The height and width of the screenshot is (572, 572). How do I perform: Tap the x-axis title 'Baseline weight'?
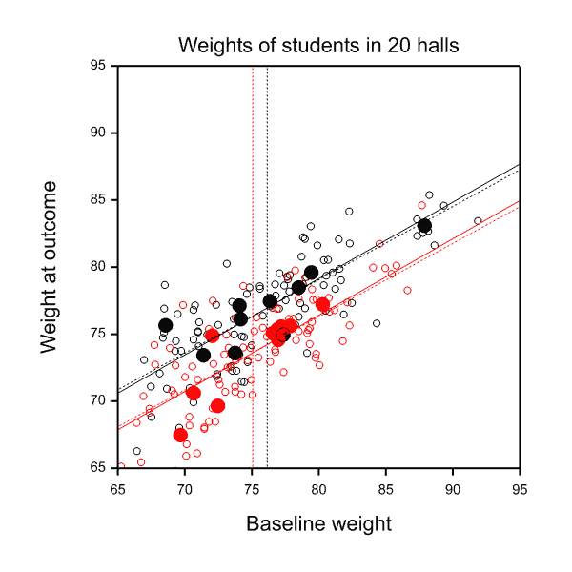tap(318, 524)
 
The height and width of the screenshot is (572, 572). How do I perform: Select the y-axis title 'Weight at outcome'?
tap(51, 267)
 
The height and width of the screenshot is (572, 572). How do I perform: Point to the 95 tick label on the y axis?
tap(98, 67)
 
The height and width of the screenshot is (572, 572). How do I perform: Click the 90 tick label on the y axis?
tap(98, 133)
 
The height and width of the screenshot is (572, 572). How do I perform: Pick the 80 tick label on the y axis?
tap(98, 267)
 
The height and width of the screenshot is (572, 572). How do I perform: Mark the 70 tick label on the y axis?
tap(98, 400)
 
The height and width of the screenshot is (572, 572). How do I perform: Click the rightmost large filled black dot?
tap(424, 226)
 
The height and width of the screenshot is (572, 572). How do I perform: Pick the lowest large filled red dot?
tap(180, 435)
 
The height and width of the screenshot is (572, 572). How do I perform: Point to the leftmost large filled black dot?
tap(165, 325)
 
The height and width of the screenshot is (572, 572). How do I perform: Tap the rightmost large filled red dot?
tap(322, 305)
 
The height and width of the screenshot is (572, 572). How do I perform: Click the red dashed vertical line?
tap(252, 191)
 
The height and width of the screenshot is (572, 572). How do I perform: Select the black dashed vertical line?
tap(267, 191)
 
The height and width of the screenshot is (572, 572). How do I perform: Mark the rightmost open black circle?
tap(478, 220)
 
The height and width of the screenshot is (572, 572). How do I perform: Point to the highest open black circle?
tap(428, 194)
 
